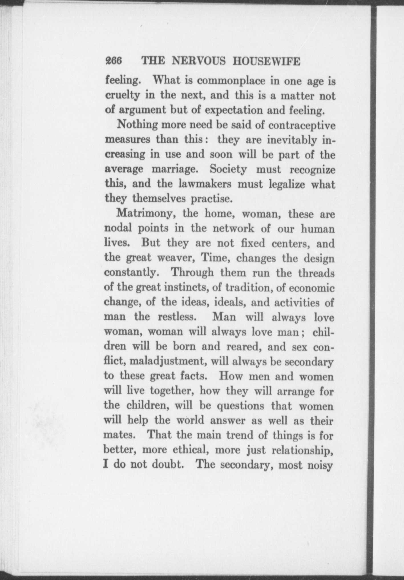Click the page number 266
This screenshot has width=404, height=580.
tap(114, 61)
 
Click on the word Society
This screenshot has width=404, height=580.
tap(228, 169)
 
